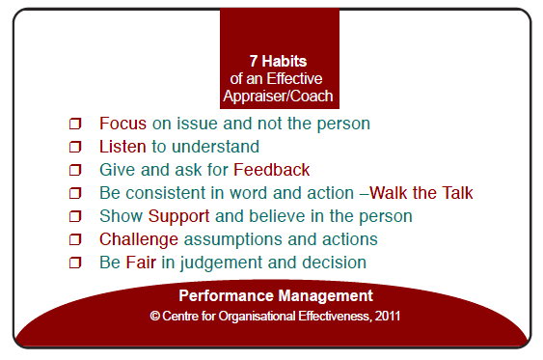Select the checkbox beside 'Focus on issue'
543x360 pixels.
tap(74, 125)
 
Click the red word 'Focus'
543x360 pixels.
tap(120, 124)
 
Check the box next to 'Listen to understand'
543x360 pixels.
tap(74, 148)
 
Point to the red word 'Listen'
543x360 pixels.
tap(122, 147)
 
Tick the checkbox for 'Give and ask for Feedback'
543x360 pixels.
tap(74, 171)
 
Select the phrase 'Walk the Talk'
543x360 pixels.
tap(421, 193)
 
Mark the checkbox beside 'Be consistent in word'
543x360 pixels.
tap(74, 194)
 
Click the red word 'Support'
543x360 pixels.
tap(178, 216)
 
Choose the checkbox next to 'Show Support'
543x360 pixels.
tap(74, 217)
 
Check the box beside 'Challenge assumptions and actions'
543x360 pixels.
tap(74, 240)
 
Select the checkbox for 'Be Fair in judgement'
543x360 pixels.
tap(74, 263)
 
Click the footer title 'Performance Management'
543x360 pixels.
tap(275, 295)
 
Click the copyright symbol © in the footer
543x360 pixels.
tap(155, 316)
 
